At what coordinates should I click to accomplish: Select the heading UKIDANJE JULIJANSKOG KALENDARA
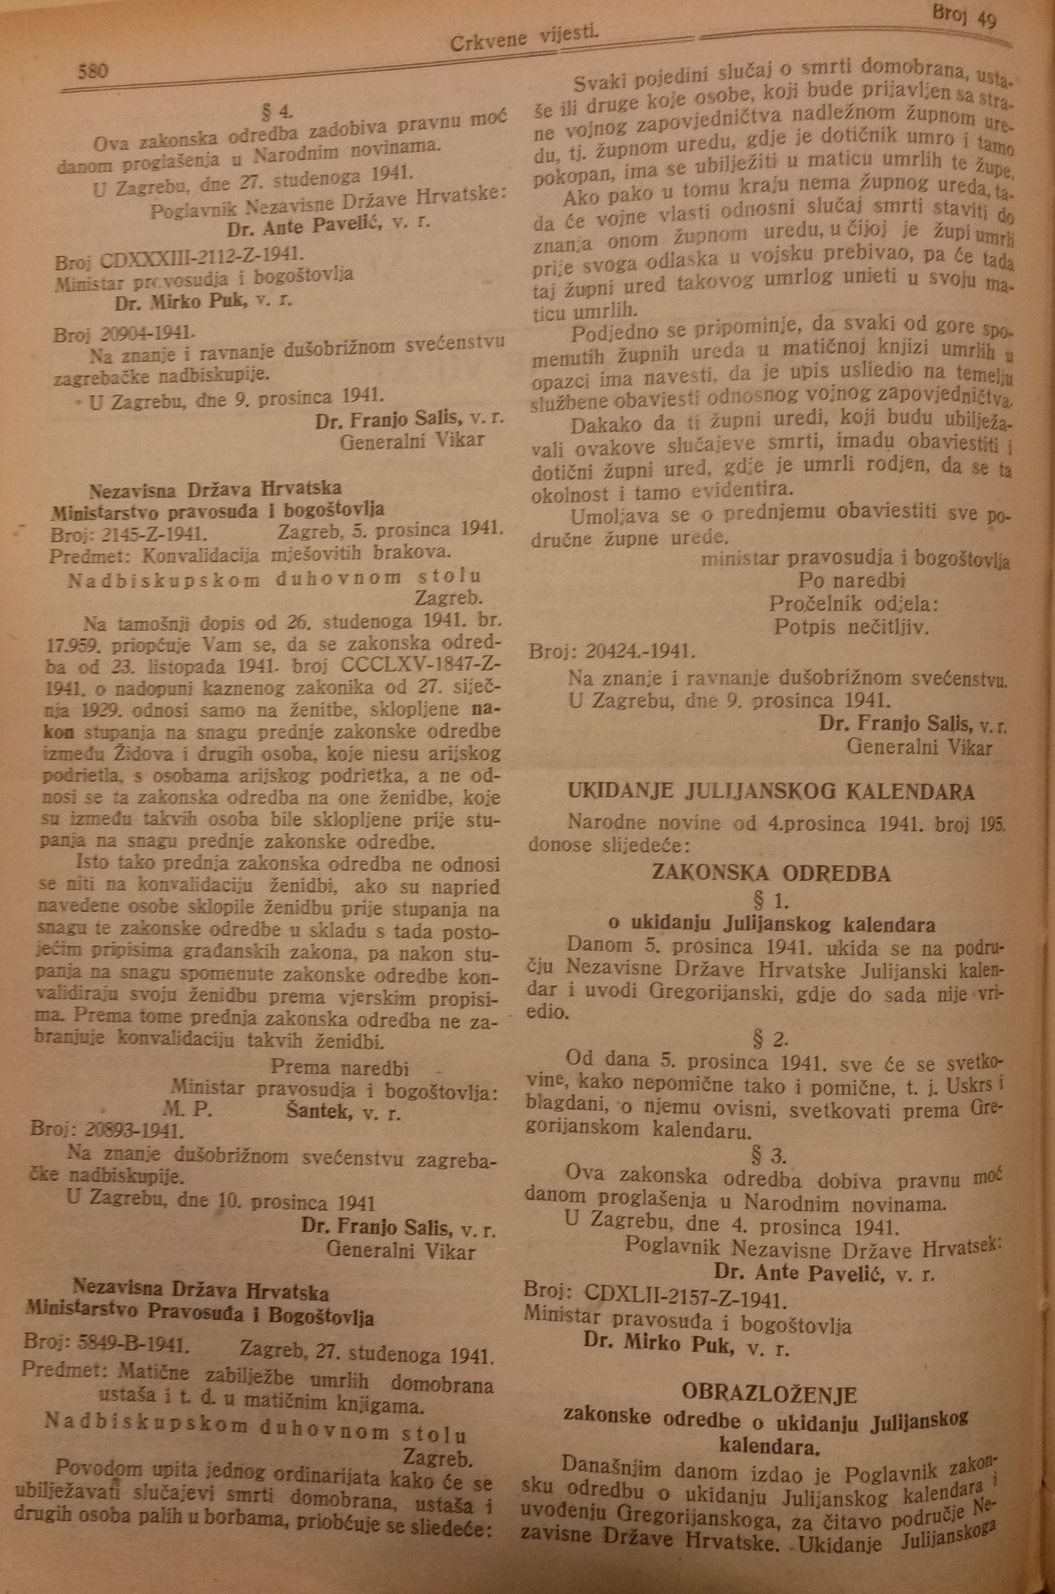pos(771,792)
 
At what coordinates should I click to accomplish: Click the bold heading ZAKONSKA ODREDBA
pos(771,873)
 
